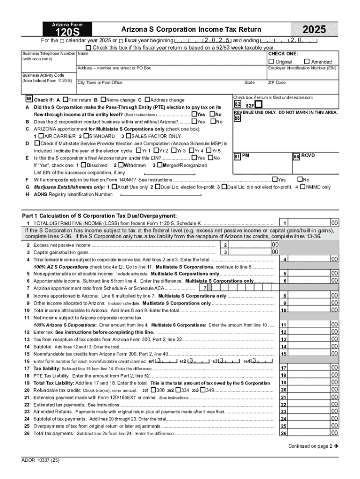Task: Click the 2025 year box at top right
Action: [x=314, y=30]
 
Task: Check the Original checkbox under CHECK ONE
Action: [x=271, y=62]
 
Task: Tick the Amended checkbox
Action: [x=307, y=62]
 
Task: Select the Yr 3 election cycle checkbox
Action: [x=173, y=151]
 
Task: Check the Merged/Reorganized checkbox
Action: [x=159, y=165]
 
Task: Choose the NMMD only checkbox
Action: [x=302, y=187]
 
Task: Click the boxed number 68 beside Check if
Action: [x=29, y=100]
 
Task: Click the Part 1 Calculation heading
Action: [x=99, y=216]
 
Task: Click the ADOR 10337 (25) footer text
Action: [x=40, y=460]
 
